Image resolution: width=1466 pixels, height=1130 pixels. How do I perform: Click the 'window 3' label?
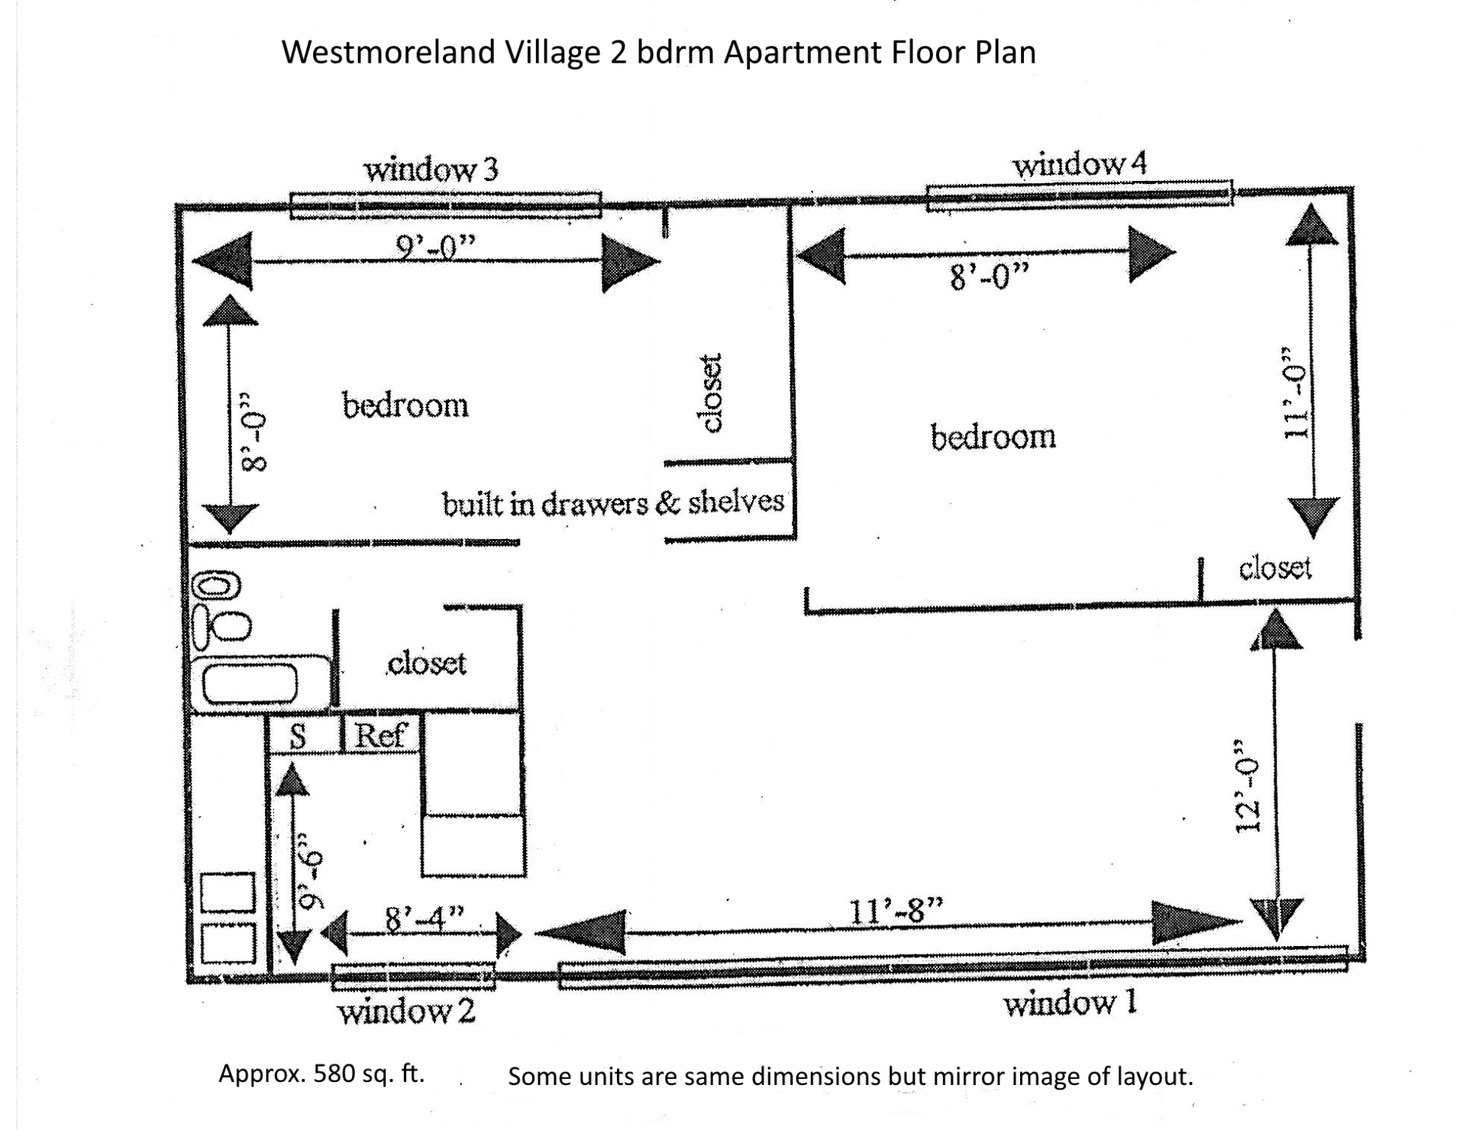click(431, 169)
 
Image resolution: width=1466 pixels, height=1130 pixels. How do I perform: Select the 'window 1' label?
click(1070, 1002)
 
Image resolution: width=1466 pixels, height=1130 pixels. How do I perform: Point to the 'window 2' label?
click(406, 1012)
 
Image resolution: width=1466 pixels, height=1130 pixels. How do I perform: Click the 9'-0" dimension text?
click(435, 247)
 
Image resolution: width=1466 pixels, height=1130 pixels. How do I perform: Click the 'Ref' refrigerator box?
click(381, 734)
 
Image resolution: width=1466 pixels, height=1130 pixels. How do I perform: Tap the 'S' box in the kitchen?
click(303, 734)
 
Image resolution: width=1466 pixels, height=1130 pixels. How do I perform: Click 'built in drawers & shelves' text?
click(613, 503)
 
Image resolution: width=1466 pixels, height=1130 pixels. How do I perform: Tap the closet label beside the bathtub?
click(427, 663)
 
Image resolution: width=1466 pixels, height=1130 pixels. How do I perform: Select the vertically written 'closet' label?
click(709, 393)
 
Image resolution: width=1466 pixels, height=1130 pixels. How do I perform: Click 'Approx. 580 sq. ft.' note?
click(321, 1073)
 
